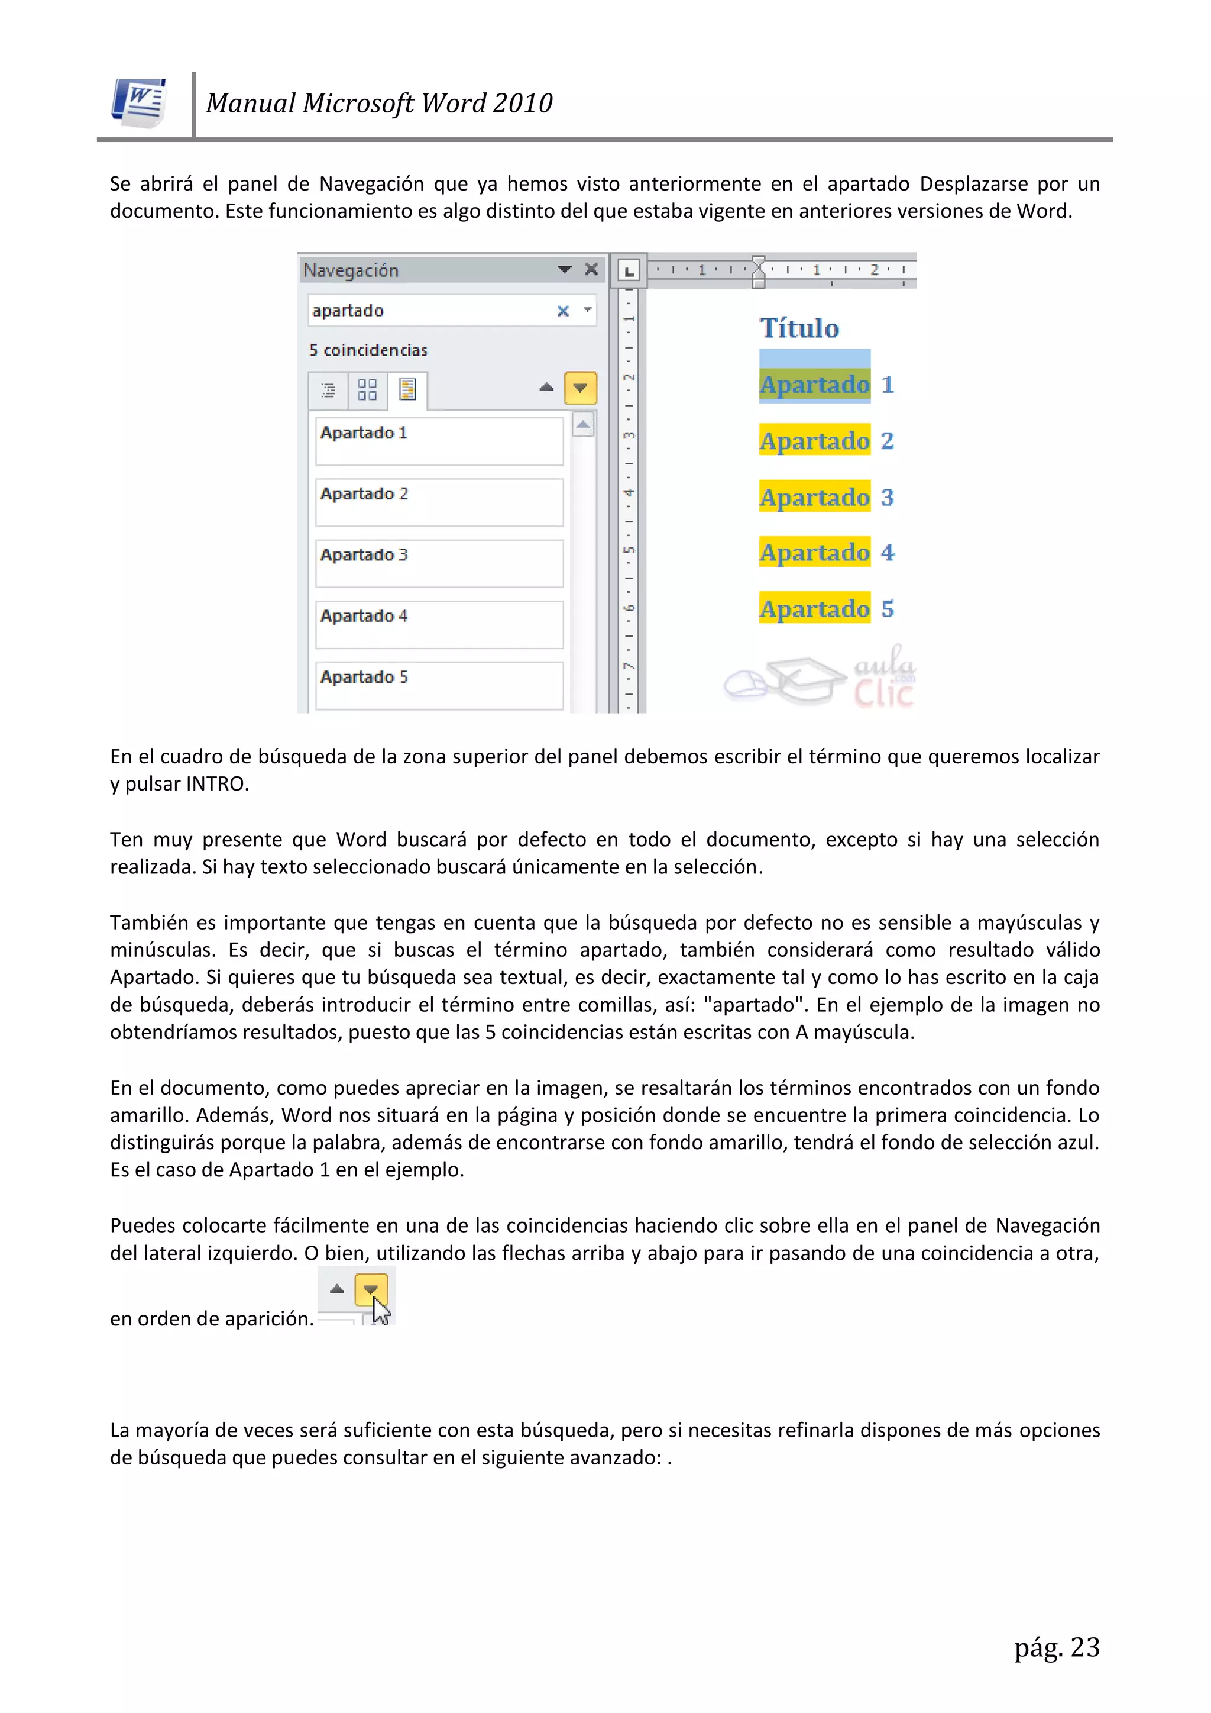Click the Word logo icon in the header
pos(140,103)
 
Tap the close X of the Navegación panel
pos(591,269)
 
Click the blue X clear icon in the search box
pos(563,311)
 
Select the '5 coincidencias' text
pos(368,350)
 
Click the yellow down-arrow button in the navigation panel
pos(580,388)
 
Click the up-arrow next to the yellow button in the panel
pos(546,387)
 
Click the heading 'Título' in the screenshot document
pos(799,328)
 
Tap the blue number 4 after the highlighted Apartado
pos(888,553)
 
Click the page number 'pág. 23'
pos(1057,1647)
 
